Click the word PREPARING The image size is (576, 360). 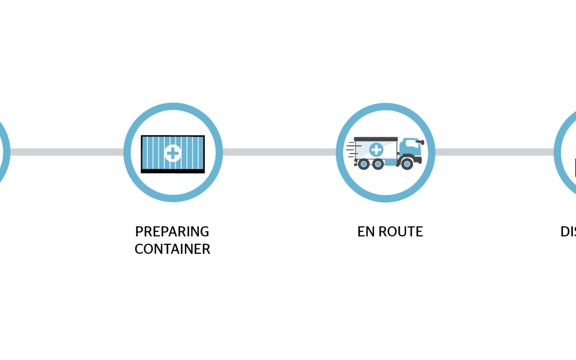tap(172, 232)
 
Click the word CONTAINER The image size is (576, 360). tap(172, 249)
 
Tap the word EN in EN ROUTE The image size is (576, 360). tap(365, 232)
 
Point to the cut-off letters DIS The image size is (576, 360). tap(568, 232)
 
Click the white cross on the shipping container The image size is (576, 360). tap(173, 153)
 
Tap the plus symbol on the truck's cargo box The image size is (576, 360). tap(376, 150)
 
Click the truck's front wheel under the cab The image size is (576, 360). tap(407, 164)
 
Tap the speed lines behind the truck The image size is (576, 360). tap(351, 149)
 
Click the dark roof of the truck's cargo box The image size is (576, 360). tap(375, 139)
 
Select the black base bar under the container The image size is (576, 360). tap(172, 171)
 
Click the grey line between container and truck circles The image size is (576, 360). tap(279, 152)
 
